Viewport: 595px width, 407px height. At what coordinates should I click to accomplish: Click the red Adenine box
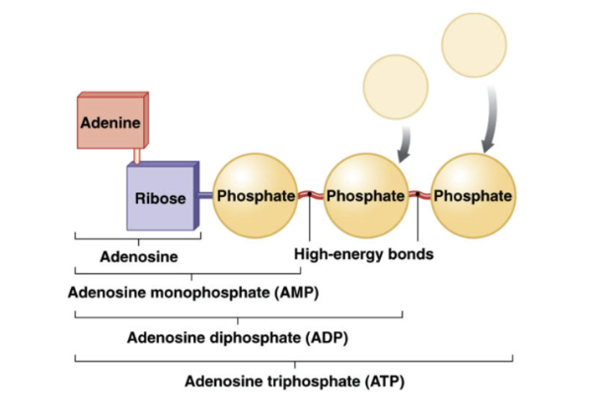pos(111,124)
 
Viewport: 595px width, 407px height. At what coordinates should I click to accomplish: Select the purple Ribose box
pos(160,198)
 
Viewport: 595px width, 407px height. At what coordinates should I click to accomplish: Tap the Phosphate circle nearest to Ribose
pos(255,195)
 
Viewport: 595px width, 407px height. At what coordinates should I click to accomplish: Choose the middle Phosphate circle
pos(365,195)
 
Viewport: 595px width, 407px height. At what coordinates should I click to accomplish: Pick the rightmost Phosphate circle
pos(473,195)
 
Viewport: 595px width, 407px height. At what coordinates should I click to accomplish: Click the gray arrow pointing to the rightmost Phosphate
pos(489,118)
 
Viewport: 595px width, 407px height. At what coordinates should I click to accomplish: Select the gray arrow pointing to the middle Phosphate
pos(405,146)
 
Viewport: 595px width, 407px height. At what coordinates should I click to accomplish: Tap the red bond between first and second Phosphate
pos(310,195)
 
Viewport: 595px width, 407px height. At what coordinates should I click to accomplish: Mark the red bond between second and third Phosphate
pos(419,195)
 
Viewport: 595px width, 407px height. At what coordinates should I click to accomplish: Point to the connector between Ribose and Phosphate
pos(205,195)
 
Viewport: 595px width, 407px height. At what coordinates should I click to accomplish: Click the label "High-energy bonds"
pos(364,254)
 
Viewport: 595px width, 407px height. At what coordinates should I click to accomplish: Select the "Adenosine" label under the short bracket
pos(139,257)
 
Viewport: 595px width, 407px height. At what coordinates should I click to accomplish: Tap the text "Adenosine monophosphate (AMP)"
pos(193,293)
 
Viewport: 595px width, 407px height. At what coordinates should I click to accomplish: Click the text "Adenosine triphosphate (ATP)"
pos(295,380)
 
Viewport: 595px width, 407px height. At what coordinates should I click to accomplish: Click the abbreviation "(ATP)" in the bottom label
pos(384,380)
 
